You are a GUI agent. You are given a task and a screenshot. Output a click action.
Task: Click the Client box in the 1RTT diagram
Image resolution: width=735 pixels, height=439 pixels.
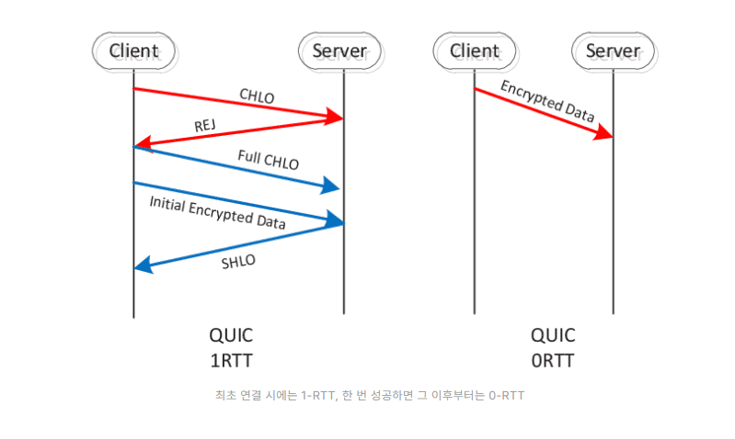(133, 51)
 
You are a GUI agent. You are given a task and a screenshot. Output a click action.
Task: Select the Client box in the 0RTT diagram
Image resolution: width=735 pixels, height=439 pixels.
(474, 51)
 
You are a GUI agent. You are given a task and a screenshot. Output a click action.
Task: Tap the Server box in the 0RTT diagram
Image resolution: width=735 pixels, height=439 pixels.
(613, 51)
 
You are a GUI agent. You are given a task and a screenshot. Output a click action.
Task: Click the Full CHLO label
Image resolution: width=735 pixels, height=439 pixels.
(268, 158)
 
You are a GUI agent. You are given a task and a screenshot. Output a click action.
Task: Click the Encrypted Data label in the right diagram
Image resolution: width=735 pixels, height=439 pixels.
(547, 100)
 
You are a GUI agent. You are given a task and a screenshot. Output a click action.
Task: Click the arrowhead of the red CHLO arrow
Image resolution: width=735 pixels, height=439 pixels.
(333, 117)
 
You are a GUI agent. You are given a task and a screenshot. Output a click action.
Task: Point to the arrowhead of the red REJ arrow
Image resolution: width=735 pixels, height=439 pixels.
(144, 144)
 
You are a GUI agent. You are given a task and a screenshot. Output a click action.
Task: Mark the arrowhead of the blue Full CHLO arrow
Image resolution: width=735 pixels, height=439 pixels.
(331, 188)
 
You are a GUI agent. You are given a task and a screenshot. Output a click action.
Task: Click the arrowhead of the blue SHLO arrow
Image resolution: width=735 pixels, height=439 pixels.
(144, 267)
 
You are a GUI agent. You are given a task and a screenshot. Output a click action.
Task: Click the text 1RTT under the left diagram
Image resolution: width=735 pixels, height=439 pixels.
(231, 360)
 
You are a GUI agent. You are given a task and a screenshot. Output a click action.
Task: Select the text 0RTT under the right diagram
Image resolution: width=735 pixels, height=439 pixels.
(552, 360)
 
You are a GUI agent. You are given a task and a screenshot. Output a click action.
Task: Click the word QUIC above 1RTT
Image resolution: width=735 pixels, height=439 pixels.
(231, 335)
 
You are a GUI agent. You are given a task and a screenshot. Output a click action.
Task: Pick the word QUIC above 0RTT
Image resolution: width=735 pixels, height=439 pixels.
(552, 335)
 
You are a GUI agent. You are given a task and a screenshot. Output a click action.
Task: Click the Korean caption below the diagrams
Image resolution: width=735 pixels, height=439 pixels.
(367, 396)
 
